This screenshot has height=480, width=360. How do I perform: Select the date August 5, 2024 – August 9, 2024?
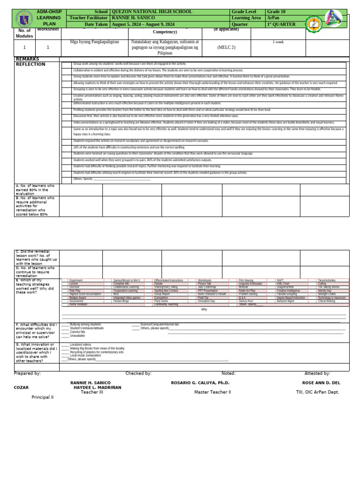tap(143, 24)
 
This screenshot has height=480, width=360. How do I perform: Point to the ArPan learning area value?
tap(275, 18)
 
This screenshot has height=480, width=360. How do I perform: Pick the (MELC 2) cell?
tap(226, 47)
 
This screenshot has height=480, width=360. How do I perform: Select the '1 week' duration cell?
tap(278, 42)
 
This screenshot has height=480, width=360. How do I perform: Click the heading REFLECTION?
tap(30, 64)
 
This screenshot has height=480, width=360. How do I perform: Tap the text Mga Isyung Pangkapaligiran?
tap(95, 42)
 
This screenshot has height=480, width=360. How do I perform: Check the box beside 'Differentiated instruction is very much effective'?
tap(67, 103)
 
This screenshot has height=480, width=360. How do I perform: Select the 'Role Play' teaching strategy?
tap(75, 291)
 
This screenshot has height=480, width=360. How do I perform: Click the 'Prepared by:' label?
tap(27, 374)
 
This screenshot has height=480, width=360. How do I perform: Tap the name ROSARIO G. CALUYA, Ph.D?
tap(200, 383)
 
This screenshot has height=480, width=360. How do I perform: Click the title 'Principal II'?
tap(43, 397)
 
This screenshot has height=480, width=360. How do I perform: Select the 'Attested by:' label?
tap(317, 374)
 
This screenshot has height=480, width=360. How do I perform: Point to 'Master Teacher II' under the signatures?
tap(213, 392)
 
